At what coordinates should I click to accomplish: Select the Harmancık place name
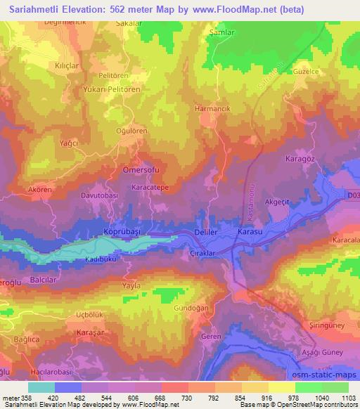(x=212, y=110)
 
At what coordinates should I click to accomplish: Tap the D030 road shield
(x=353, y=197)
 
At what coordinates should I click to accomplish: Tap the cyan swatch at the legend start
(x=41, y=387)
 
